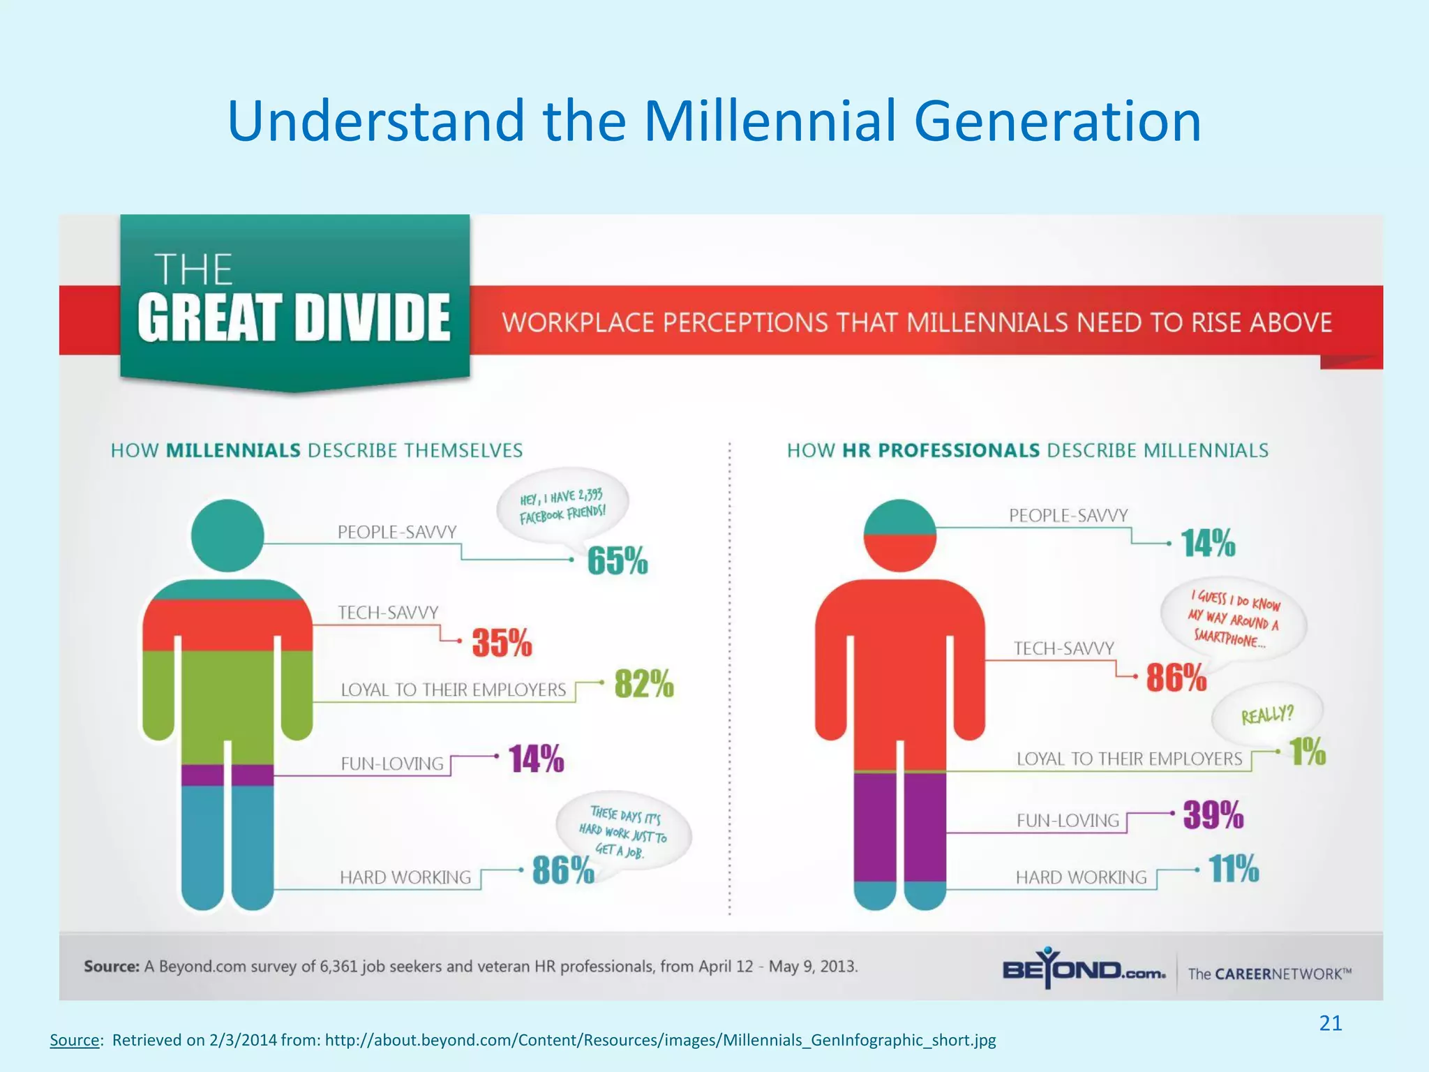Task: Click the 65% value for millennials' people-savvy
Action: click(x=618, y=560)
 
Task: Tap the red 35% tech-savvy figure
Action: click(x=502, y=642)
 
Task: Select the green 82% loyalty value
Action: click(x=644, y=684)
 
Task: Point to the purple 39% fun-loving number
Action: click(x=1213, y=814)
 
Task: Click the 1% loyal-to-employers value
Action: click(x=1307, y=752)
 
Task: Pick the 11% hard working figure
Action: click(x=1234, y=869)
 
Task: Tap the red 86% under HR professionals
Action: click(x=1176, y=678)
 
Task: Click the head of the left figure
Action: click(x=227, y=535)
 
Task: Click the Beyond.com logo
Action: click(x=1083, y=970)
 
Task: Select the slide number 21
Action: click(x=1330, y=1023)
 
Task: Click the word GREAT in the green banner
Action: click(x=209, y=318)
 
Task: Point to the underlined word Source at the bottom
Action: click(x=75, y=1040)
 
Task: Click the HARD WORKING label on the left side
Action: click(x=405, y=877)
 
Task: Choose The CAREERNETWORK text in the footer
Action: click(x=1269, y=974)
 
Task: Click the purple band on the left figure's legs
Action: click(x=227, y=775)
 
